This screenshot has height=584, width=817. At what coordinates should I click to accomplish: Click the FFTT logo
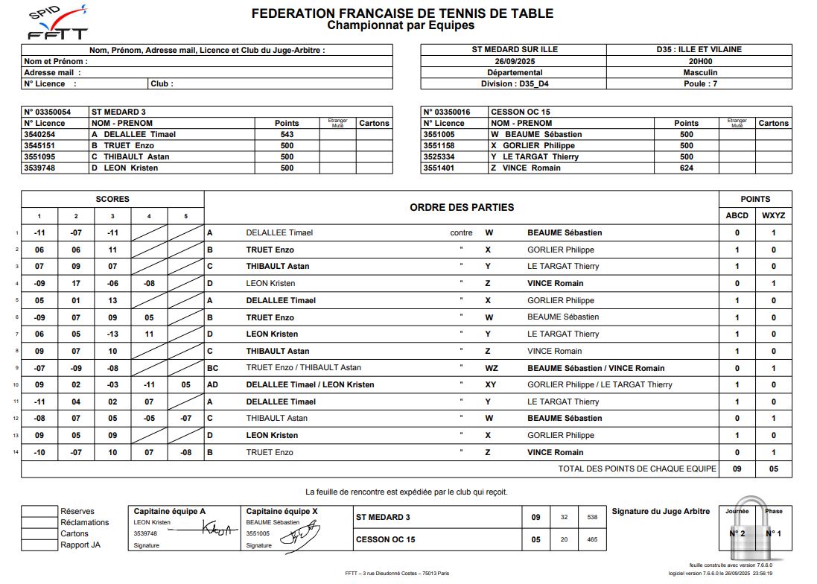point(57,24)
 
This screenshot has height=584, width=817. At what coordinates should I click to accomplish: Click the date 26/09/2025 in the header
point(515,61)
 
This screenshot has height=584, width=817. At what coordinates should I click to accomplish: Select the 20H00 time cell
point(699,61)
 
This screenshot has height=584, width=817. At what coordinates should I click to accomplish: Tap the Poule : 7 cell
point(699,84)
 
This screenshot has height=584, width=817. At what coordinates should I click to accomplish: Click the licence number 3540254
point(39,134)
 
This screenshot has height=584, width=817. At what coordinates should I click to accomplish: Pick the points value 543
point(287,134)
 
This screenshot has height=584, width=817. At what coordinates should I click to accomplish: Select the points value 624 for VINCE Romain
point(686,168)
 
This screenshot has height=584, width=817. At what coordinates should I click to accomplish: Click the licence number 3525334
point(439,156)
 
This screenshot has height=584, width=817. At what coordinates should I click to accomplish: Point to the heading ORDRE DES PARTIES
point(462,207)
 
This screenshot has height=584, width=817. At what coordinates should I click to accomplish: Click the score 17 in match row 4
point(76,283)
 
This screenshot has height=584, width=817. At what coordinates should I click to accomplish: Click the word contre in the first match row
point(461,232)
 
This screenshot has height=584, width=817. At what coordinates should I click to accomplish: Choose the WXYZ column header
point(773,216)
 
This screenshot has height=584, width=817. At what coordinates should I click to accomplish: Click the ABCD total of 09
point(737,469)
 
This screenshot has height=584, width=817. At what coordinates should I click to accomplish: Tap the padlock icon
point(752,530)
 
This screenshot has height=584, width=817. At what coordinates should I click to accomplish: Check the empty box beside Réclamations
point(39,522)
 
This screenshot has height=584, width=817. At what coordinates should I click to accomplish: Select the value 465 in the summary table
point(592,539)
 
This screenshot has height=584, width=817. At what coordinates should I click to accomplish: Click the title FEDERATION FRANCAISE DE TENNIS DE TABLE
point(402,13)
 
